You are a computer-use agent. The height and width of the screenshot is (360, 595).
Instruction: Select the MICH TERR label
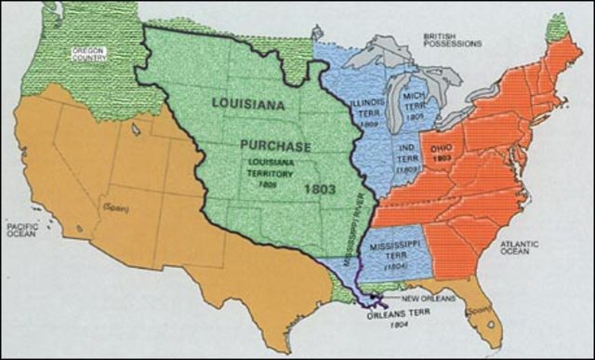pyautogui.click(x=415, y=101)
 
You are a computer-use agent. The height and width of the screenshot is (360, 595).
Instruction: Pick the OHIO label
pyautogui.click(x=442, y=152)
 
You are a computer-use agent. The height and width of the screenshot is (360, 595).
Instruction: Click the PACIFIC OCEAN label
pyautogui.click(x=22, y=230)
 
